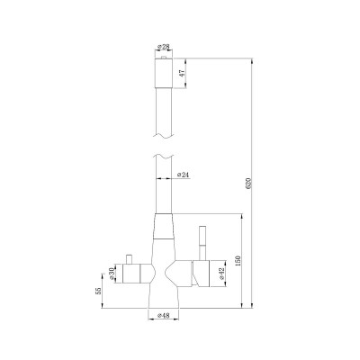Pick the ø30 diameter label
point(111,273)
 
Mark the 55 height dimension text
point(96,292)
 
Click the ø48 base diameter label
point(164,316)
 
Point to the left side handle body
point(135,273)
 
